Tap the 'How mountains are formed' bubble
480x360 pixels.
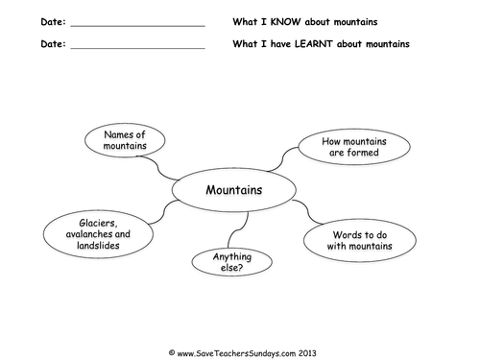[337, 147]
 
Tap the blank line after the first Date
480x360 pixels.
[138, 24]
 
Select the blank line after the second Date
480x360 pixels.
[138, 47]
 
